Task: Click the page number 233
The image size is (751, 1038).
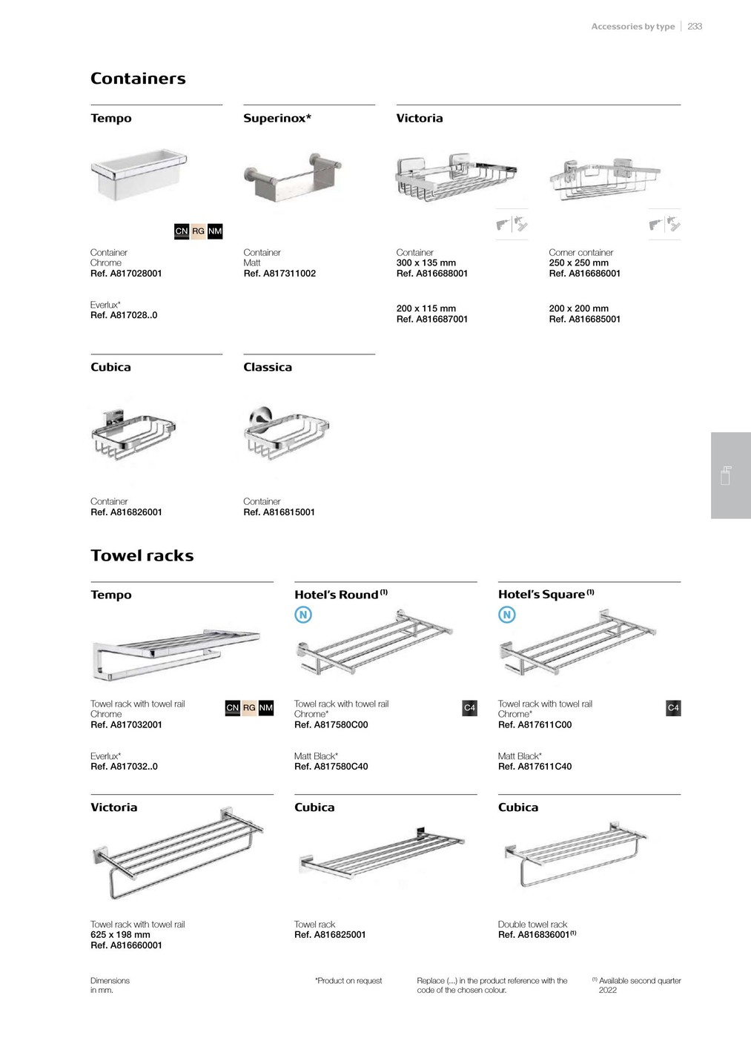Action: [695, 27]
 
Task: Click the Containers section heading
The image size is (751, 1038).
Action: [138, 79]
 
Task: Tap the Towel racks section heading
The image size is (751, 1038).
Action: [142, 555]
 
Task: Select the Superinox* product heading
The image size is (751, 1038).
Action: [277, 118]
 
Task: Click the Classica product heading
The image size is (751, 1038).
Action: [268, 367]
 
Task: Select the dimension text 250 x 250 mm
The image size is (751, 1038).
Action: [579, 262]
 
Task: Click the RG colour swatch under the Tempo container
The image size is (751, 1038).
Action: [198, 231]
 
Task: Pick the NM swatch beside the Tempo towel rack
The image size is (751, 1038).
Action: [266, 707]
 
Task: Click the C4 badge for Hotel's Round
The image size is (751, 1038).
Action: [470, 707]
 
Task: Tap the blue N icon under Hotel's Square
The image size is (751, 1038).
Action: [507, 615]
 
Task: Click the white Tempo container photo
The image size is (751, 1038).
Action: [139, 174]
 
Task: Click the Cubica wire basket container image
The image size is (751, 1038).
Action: [133, 434]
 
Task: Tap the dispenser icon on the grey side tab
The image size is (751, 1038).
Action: [726, 475]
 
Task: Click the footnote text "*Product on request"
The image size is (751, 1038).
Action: [348, 980]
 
